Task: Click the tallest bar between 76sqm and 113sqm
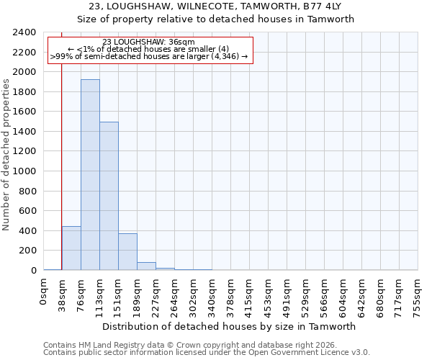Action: (90, 175)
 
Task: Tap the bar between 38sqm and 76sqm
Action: (71, 248)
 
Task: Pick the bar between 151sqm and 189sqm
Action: (127, 252)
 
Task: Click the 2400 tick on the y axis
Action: (24, 32)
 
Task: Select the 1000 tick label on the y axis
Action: (24, 171)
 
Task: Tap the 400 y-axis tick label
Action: (27, 231)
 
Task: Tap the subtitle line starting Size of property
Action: (216, 19)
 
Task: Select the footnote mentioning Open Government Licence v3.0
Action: (207, 353)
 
